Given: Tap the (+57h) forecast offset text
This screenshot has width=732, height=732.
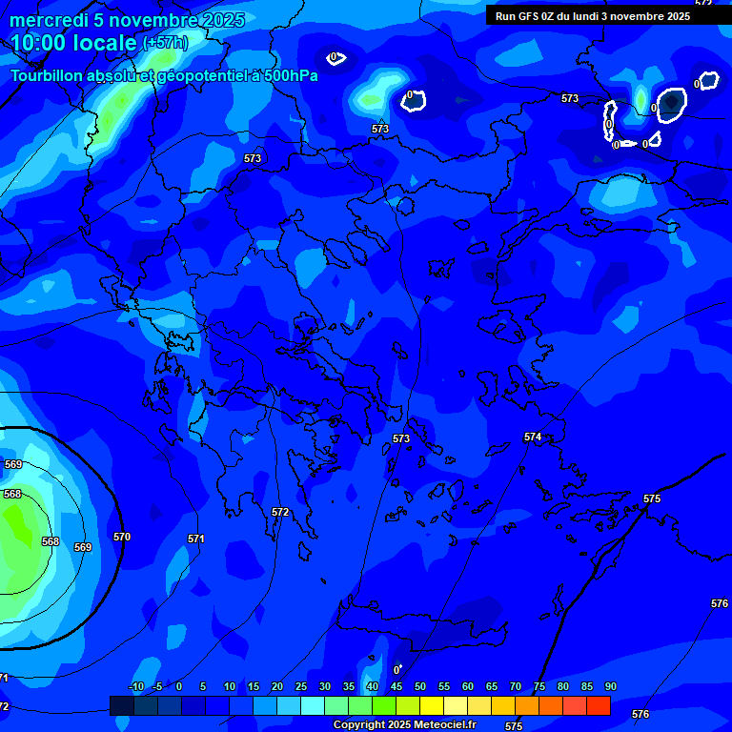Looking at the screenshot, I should (x=165, y=43).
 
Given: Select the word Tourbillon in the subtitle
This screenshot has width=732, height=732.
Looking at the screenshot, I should (x=48, y=75).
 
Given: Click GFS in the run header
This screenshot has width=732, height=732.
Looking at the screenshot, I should (x=529, y=16).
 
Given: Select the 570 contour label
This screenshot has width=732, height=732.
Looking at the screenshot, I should (x=122, y=537).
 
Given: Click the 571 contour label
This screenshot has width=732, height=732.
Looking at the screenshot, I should (x=195, y=539).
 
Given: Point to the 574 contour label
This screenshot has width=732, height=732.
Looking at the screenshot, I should (x=533, y=437).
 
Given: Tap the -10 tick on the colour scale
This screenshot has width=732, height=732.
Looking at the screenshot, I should (x=135, y=687).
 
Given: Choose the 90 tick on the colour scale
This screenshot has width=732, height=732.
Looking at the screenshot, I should (x=610, y=687).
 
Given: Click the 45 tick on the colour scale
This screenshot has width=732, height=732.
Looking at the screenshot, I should (x=396, y=687).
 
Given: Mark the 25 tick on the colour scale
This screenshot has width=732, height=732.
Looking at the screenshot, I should (x=301, y=687).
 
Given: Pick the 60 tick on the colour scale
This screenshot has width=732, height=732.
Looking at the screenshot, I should (x=468, y=687).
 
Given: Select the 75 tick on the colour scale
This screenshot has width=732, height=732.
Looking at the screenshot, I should (x=539, y=687).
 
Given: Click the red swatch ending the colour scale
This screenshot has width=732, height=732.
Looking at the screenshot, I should (x=599, y=705).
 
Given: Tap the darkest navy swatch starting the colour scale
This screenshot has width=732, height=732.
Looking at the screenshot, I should (x=121, y=705).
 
